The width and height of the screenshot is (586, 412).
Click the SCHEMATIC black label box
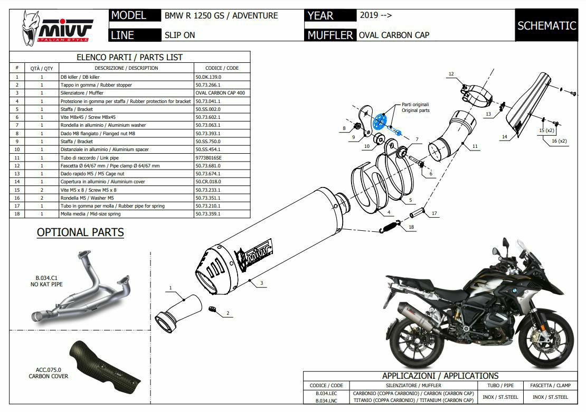tap(546, 25)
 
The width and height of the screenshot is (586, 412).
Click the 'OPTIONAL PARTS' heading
tap(80, 232)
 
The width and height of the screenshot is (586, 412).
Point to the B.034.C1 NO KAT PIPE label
tap(46, 281)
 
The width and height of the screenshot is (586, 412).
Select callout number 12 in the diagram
tap(451, 74)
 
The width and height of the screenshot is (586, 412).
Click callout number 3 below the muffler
tap(261, 283)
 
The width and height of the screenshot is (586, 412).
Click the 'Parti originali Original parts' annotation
tap(415, 107)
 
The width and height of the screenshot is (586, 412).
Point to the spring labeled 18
tap(389, 228)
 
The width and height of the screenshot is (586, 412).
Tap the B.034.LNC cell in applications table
tap(326, 401)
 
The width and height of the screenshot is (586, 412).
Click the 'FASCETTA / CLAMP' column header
tap(549, 386)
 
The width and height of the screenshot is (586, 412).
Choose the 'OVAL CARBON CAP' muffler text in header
tap(394, 35)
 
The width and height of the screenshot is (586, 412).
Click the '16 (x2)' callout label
tap(559, 141)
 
